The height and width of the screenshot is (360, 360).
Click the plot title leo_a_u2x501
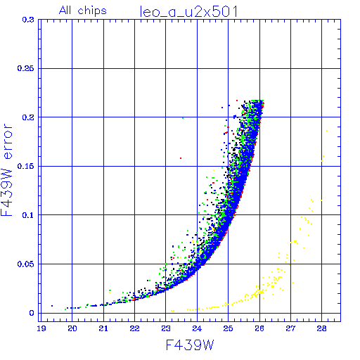189,12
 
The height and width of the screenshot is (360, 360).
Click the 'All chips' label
83,11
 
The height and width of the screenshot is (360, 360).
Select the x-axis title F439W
190,345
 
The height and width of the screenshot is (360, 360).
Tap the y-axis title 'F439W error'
6,170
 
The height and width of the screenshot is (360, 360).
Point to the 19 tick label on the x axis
41,328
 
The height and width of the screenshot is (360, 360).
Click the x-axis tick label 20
72,328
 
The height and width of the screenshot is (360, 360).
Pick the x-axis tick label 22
135,328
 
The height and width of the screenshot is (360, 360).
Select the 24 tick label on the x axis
197,328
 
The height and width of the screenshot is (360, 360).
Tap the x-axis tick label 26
259,328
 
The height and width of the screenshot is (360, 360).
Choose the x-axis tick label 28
322,328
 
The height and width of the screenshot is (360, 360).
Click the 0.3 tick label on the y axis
28,20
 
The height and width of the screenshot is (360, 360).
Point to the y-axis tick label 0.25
25,68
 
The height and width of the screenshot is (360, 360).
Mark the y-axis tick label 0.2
28,117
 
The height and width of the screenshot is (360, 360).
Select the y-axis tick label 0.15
25,166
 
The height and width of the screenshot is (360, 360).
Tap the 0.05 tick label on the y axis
25,264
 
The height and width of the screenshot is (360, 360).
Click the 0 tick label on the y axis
32,313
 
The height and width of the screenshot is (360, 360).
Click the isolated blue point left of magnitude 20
52,306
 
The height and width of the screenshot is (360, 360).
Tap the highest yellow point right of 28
327,131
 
